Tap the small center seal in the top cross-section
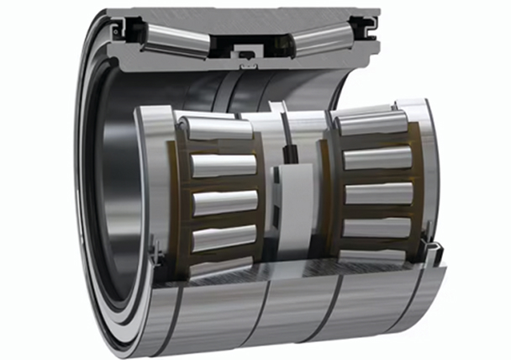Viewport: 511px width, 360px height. pyautogui.click(x=246, y=56)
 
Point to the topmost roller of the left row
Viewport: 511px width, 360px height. pyautogui.click(x=217, y=129)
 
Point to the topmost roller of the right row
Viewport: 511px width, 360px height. pyautogui.click(x=373, y=124)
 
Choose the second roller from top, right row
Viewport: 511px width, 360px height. pyautogui.click(x=378, y=157)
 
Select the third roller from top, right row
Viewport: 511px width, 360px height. pyautogui.click(x=379, y=193)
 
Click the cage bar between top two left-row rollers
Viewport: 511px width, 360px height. pyautogui.click(x=221, y=146)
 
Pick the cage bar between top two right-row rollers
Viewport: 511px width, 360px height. pyautogui.click(x=377, y=140)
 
